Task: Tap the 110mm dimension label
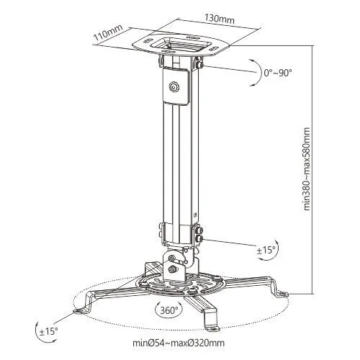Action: [x=108, y=32]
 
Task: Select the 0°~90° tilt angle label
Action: [x=278, y=73]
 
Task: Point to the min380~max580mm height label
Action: [x=307, y=169]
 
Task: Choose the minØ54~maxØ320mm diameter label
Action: [x=179, y=343]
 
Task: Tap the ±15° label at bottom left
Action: [x=49, y=331]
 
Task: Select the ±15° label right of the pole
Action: [x=266, y=251]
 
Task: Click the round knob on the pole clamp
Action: [x=174, y=86]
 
